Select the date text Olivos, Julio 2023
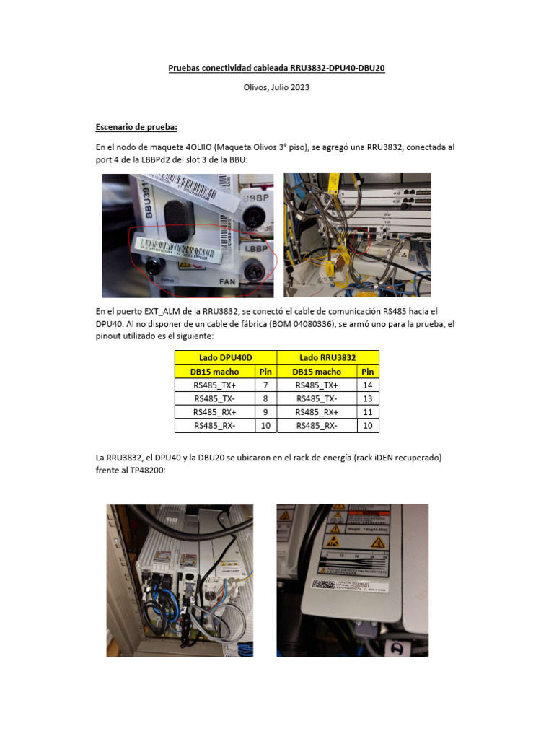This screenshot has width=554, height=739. click(278, 88)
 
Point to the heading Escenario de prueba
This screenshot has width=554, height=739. click(136, 128)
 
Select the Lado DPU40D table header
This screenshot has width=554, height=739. click(226, 358)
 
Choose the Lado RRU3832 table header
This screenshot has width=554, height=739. click(328, 358)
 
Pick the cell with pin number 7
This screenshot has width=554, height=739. click(265, 385)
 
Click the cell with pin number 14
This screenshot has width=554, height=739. click(368, 385)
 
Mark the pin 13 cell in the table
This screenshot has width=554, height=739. click(368, 398)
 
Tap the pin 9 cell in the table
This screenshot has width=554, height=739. click(265, 412)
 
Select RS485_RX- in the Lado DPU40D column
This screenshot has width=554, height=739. click(214, 426)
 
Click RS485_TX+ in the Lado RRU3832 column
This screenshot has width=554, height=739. click(317, 385)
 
